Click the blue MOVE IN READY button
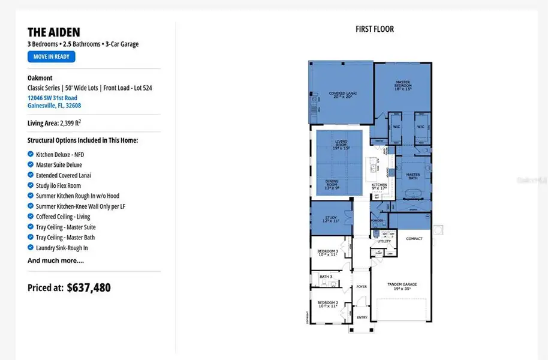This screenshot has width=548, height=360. tap(51, 57)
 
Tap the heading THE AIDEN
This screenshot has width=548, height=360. tap(54, 32)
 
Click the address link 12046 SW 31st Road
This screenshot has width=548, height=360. tap(52, 98)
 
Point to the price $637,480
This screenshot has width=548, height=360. tap(89, 287)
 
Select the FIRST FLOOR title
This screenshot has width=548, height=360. tap(375, 29)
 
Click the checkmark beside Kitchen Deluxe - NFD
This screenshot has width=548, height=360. tap(31, 154)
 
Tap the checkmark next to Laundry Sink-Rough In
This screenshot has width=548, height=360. tap(31, 247)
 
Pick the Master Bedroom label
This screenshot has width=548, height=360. tap(402, 85)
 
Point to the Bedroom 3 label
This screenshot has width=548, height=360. tap(328, 252)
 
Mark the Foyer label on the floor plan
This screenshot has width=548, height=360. tap(362, 287)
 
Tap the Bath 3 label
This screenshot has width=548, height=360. tap(326, 277)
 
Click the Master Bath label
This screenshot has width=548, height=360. tap(413, 176)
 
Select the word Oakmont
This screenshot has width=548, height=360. tap(40, 78)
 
